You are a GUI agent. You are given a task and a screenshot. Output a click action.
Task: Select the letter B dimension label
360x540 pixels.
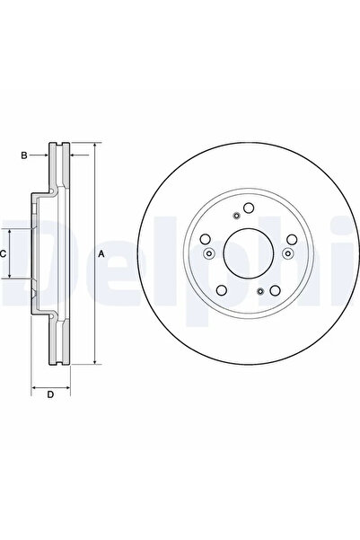click(24, 155)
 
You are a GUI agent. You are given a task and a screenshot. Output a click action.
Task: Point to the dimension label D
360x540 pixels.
click(50, 394)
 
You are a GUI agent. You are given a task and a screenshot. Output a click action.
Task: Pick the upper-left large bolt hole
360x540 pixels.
click(205, 239)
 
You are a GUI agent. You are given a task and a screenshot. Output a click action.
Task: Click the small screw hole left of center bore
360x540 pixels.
click(208, 253)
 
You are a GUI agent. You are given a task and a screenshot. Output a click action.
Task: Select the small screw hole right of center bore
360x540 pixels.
click(286, 253)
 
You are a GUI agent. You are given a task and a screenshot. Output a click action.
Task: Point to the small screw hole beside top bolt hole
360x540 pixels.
click(235, 214)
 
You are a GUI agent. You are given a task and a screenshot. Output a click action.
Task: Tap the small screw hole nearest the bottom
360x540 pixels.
click(260, 292)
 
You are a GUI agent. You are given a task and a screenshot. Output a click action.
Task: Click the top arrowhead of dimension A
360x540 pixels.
click(93, 145)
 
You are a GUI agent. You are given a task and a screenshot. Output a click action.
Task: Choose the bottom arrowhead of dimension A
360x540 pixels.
click(93, 362)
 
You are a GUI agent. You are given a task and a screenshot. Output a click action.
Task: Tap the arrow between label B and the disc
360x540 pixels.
click(40, 155)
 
